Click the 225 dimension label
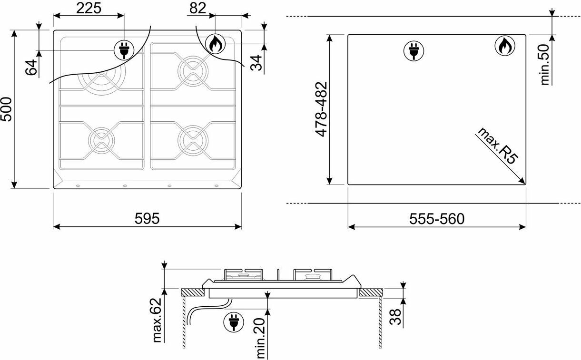tap(89, 8)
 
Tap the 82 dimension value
tap(197, 8)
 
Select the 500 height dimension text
tap(6, 109)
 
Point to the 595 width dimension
tap(147, 218)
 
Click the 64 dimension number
tap(31, 67)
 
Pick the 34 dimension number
tap(256, 63)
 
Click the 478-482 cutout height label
tap(321, 109)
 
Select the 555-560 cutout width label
tap(437, 219)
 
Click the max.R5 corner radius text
tap(497, 146)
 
